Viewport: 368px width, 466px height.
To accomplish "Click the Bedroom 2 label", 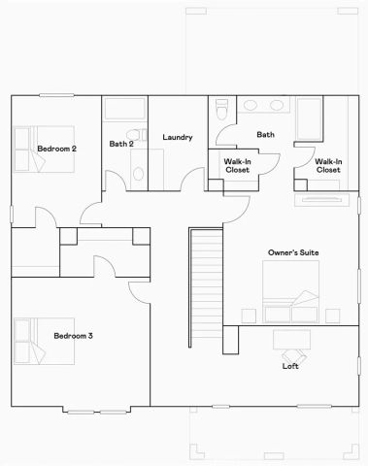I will [x=56, y=148].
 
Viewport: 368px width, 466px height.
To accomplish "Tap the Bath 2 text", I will [x=120, y=145].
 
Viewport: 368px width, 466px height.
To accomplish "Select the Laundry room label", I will [x=178, y=138].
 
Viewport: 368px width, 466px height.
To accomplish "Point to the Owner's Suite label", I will [x=293, y=253].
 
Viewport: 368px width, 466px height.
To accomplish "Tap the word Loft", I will [x=289, y=366].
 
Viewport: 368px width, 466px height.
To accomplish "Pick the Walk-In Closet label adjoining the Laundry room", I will [x=237, y=166].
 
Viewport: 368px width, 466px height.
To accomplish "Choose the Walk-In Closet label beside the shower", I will [x=328, y=166].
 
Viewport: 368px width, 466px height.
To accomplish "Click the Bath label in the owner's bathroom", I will [x=265, y=134].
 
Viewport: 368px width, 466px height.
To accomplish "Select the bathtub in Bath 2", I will [x=123, y=109].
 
